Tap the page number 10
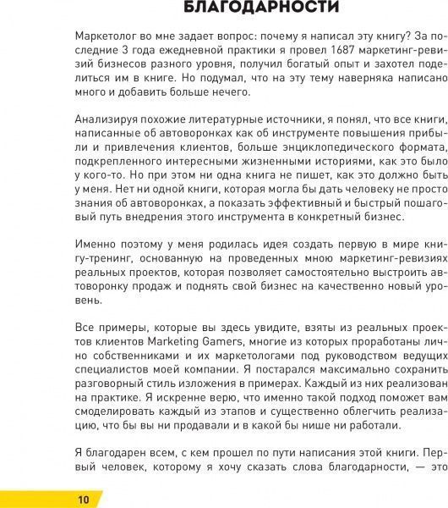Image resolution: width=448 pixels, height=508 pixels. click(x=83, y=498)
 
